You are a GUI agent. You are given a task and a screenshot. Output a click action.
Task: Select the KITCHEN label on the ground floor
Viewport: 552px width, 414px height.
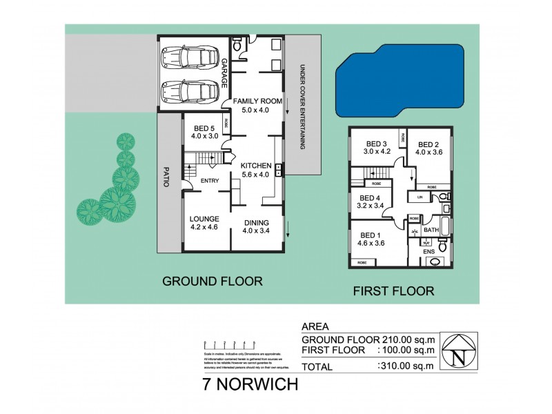tap(257, 166)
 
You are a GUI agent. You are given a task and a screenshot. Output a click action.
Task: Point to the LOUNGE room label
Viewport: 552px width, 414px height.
tap(204, 219)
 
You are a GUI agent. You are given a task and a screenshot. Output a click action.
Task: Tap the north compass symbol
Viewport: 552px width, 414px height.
tap(458, 353)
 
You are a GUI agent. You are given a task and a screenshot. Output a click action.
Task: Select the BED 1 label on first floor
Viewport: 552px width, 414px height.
tap(370, 235)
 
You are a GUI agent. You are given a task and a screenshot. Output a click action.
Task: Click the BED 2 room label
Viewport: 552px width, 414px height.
tap(428, 144)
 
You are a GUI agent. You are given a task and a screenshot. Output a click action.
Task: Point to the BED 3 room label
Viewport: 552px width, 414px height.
tap(377, 144)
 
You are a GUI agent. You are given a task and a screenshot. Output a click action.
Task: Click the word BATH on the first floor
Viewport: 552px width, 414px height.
tap(432, 230)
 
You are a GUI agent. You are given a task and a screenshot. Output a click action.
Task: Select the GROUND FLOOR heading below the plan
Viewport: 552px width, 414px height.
tap(212, 281)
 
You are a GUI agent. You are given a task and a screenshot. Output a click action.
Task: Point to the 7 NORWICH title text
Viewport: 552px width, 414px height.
tap(250, 385)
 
